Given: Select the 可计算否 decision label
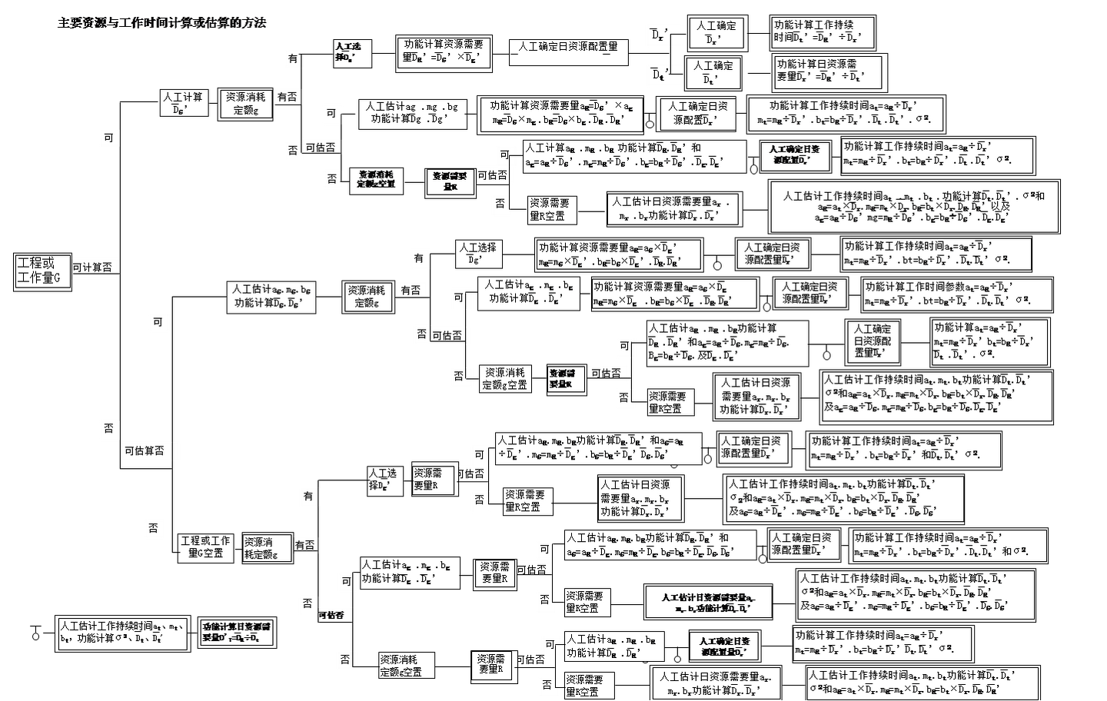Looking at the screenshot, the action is pos(93,267).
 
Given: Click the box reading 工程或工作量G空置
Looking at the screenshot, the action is pos(205,547).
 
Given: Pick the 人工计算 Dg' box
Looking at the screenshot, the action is pos(182,102).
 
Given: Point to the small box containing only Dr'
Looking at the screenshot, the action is pos(658,35).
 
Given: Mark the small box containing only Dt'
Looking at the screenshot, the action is pos(658,75).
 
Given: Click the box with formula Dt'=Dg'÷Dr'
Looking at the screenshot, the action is pos(823,32).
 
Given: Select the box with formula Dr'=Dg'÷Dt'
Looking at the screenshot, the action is pos(829,71).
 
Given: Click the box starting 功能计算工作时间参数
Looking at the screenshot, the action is pos(946,294).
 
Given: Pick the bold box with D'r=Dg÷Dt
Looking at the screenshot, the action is pos(235,633).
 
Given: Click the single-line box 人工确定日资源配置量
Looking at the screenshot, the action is pos(568,47).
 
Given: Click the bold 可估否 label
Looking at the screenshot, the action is pos(331,615).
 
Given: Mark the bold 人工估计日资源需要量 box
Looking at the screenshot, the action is pos(707,602).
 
